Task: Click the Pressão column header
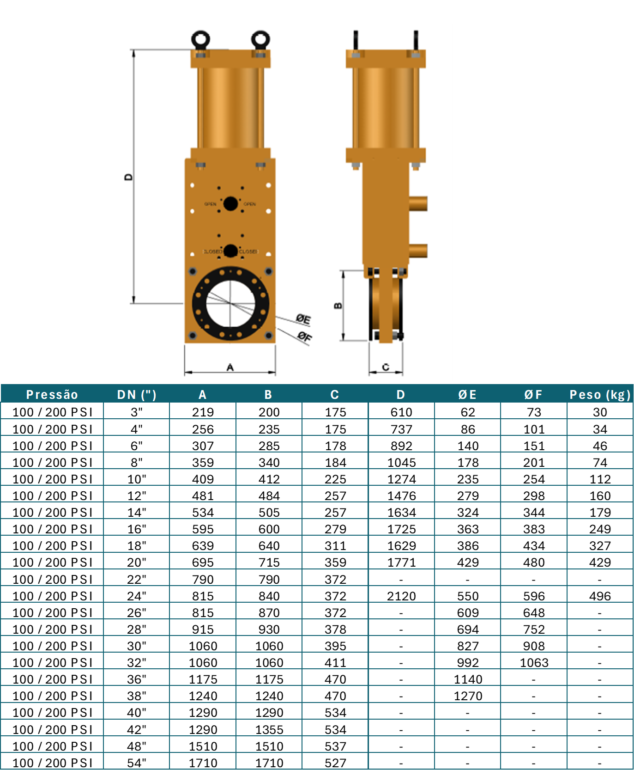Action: (x=52, y=394)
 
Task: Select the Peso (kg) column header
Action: (x=600, y=394)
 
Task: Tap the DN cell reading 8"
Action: (x=137, y=462)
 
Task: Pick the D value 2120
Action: (x=401, y=596)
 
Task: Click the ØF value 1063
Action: (x=534, y=662)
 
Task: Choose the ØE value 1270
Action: (x=468, y=696)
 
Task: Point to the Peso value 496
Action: (x=600, y=596)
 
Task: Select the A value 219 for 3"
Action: (x=203, y=412)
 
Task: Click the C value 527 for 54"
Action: (x=335, y=763)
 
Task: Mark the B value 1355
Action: (x=269, y=729)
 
